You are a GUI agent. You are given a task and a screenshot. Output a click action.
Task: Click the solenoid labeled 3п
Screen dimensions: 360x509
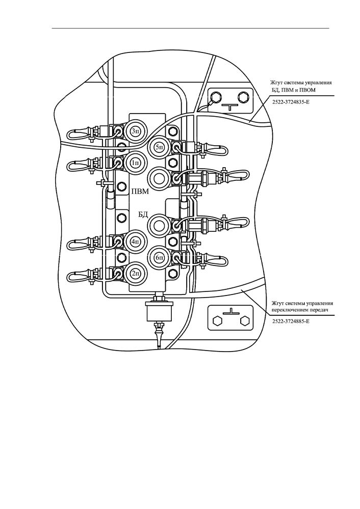(135, 131)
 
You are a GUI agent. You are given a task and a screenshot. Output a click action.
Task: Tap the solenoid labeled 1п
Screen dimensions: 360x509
(135, 163)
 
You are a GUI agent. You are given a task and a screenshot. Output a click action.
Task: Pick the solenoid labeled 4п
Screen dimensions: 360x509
(135, 242)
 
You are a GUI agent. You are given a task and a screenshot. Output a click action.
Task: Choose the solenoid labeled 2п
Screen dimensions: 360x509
(135, 273)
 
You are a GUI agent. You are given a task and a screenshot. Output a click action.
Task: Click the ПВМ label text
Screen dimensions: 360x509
(140, 192)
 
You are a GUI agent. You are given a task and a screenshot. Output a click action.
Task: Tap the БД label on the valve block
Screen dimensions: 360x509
(142, 215)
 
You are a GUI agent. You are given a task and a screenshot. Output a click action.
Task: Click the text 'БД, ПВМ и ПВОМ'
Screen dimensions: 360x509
(293, 90)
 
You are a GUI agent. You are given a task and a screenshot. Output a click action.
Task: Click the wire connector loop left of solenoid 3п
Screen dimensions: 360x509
(78, 133)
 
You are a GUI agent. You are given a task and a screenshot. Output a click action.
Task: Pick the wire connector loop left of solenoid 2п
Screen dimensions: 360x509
(78, 275)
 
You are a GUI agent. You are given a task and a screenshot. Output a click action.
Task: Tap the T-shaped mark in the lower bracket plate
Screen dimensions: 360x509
(231, 312)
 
